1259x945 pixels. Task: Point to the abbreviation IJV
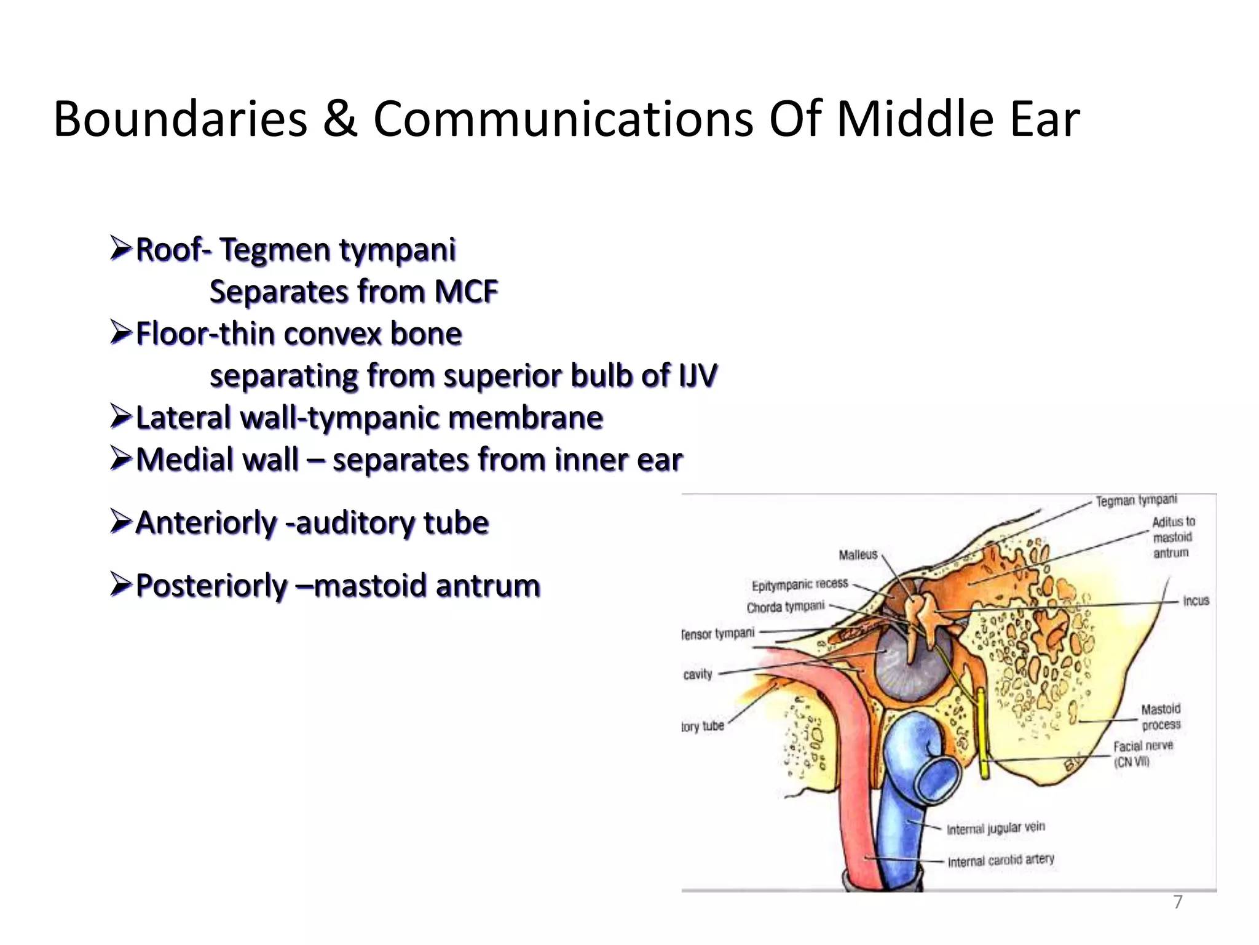point(698,375)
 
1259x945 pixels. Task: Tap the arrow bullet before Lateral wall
point(120,417)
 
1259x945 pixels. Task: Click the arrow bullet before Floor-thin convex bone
point(120,332)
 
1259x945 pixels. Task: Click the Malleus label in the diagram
point(858,555)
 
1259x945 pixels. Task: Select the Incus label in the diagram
point(1196,600)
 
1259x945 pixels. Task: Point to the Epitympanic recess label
point(800,584)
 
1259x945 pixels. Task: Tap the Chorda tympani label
point(786,607)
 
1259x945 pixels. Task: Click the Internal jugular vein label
point(995,828)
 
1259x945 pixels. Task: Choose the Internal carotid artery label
point(1001,860)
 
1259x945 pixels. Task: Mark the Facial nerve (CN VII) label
point(1142,754)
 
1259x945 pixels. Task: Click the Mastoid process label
point(1161,717)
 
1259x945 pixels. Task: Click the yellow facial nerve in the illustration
point(982,732)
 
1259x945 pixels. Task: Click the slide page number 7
point(1177,902)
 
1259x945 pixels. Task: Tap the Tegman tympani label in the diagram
point(1136,501)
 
